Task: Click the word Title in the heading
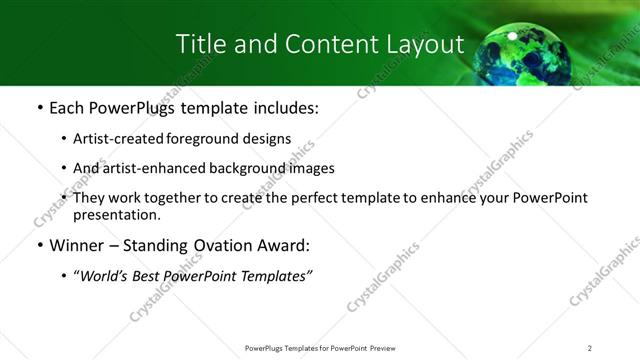pyautogui.click(x=199, y=45)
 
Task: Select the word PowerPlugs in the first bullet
pyautogui.click(x=130, y=106)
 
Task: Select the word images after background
pyautogui.click(x=313, y=168)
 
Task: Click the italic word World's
pyautogui.click(x=104, y=276)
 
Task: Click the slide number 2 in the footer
pyautogui.click(x=589, y=348)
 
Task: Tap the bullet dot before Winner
pyautogui.click(x=38, y=245)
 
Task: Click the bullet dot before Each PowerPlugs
pyautogui.click(x=38, y=106)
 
